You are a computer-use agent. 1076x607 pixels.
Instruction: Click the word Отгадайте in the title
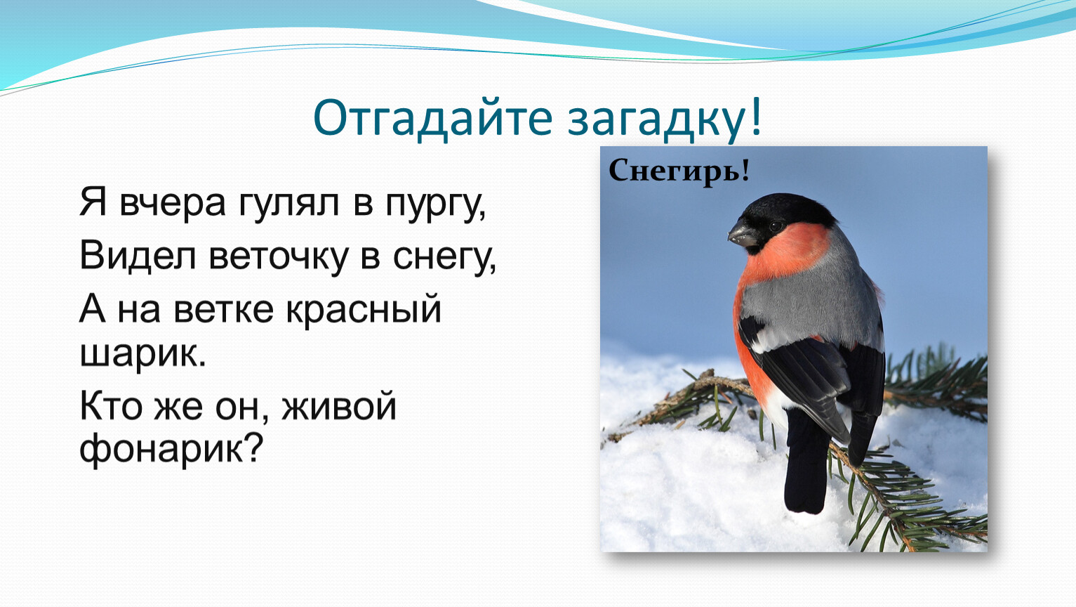tap(432, 119)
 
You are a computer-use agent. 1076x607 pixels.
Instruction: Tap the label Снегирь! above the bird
tap(679, 171)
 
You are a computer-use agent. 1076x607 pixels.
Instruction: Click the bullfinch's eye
tap(776, 225)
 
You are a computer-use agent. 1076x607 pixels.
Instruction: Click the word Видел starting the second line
tap(138, 255)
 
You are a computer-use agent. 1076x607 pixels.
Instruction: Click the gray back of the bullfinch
tap(812, 303)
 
